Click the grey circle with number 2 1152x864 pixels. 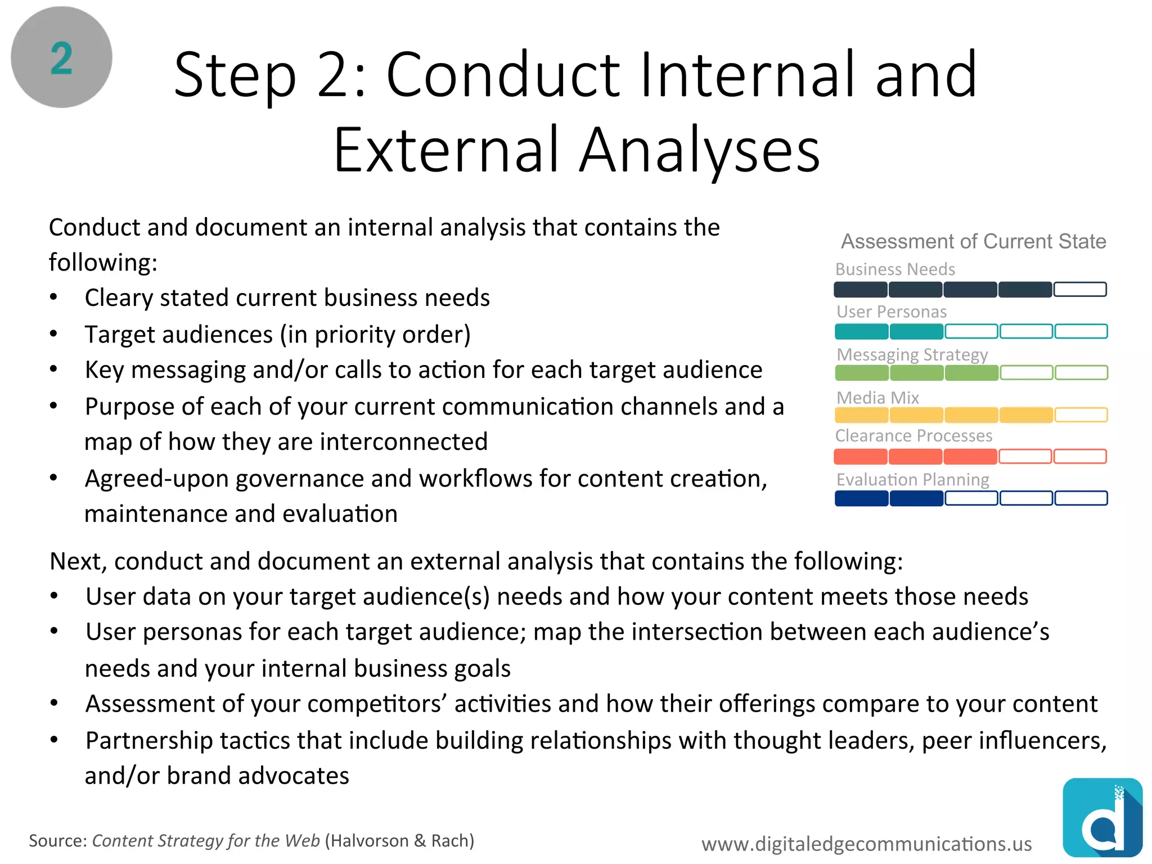pyautogui.click(x=61, y=57)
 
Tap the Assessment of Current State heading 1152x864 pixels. pyautogui.click(x=973, y=241)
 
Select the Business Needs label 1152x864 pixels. pyautogui.click(x=895, y=269)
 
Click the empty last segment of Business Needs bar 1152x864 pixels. pyautogui.click(x=1080, y=290)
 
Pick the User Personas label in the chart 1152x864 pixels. pyautogui.click(x=892, y=312)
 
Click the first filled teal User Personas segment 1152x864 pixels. pyautogui.click(x=861, y=331)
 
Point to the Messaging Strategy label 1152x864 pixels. pyautogui.click(x=912, y=355)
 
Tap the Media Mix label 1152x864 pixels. pyautogui.click(x=877, y=398)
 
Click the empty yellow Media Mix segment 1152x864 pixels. pyautogui.click(x=1081, y=415)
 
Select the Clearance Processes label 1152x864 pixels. pyautogui.click(x=913, y=436)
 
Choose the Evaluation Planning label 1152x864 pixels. pyautogui.click(x=912, y=480)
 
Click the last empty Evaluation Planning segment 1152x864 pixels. pyautogui.click(x=1081, y=498)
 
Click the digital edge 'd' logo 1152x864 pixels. pyautogui.click(x=1102, y=818)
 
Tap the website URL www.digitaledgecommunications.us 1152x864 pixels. pyautogui.click(x=866, y=844)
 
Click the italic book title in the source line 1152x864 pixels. pyautogui.click(x=206, y=841)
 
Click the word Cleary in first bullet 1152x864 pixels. pyautogui.click(x=119, y=298)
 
